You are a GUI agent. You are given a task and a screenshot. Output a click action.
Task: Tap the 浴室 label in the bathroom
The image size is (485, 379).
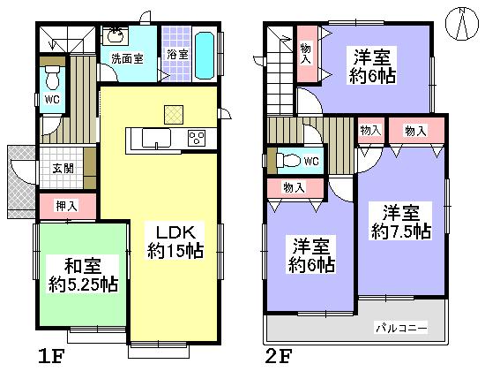177,54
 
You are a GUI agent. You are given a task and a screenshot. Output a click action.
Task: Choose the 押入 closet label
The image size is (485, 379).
68,205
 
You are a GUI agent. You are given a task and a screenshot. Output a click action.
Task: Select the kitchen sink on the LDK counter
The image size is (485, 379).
155,138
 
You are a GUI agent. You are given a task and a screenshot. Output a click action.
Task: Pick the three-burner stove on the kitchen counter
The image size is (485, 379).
196,138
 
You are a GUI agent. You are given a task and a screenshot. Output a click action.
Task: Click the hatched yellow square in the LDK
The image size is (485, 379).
171,113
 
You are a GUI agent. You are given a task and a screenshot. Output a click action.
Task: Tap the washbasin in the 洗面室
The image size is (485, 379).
115,36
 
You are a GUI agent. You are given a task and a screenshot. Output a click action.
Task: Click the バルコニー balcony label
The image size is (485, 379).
401,328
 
